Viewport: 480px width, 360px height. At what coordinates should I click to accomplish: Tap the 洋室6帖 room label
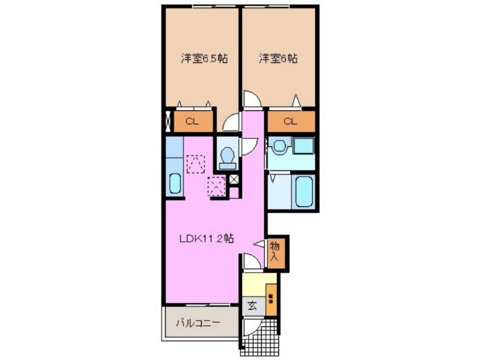(x=278, y=59)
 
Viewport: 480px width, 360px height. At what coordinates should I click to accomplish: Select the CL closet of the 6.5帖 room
(x=193, y=121)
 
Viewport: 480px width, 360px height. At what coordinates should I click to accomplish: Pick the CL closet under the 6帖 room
(x=290, y=121)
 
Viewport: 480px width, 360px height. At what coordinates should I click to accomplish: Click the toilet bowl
(x=227, y=157)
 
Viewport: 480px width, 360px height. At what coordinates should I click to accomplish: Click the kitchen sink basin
(x=175, y=183)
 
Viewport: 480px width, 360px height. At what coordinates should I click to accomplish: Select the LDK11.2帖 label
(x=207, y=239)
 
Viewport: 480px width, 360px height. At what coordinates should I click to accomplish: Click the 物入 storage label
(x=274, y=251)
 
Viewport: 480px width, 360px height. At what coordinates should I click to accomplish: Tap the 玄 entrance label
(x=252, y=305)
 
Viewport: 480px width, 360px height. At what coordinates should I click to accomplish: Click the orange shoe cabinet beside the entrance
(x=271, y=298)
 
